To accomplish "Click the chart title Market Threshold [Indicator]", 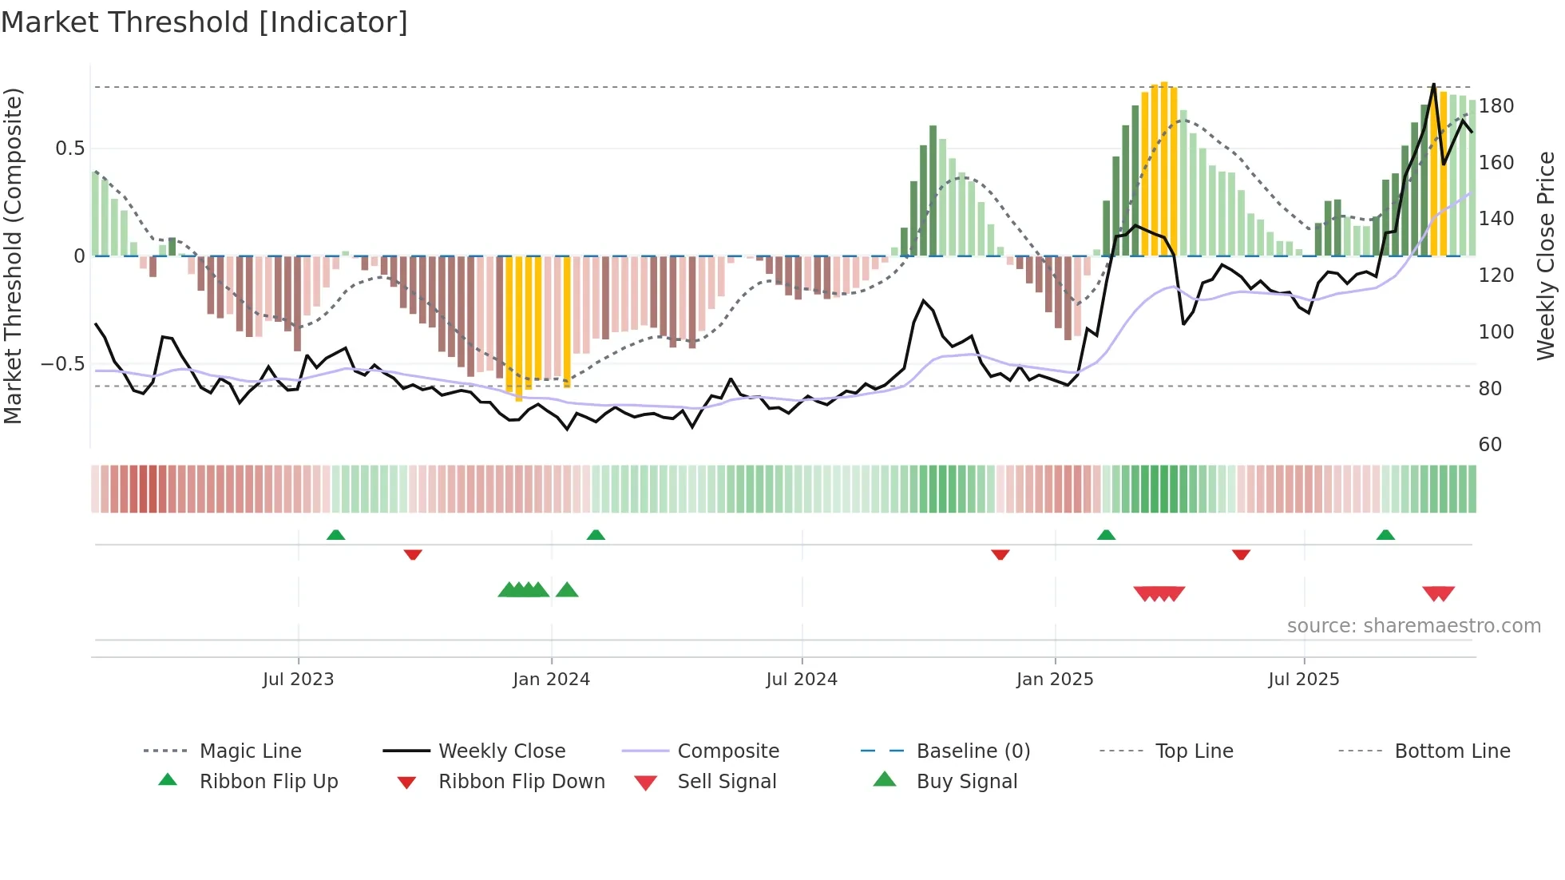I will [x=204, y=22].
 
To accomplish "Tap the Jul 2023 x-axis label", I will [x=298, y=680].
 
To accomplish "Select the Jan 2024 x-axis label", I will [x=551, y=680].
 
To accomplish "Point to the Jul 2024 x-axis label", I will [x=802, y=680].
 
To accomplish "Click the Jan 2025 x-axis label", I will [x=1055, y=680].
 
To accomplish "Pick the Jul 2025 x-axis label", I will [x=1304, y=680].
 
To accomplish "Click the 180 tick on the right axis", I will [x=1496, y=106].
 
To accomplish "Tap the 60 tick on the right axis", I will [x=1490, y=445].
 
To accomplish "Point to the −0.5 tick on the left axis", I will [x=63, y=364].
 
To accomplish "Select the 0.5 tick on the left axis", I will [x=69, y=149].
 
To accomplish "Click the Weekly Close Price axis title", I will [x=1547, y=256].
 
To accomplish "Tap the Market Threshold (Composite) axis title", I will [x=13, y=256].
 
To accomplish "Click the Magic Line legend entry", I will [x=250, y=751].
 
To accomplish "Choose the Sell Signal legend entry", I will [x=727, y=782].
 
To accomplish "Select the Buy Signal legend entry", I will [x=966, y=782].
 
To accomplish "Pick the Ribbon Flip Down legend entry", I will [x=521, y=782].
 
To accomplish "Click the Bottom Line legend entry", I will [x=1452, y=751].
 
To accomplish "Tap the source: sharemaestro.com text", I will [x=1413, y=626].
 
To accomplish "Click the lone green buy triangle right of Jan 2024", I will [x=567, y=590].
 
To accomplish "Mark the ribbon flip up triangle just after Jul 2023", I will [x=335, y=535].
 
